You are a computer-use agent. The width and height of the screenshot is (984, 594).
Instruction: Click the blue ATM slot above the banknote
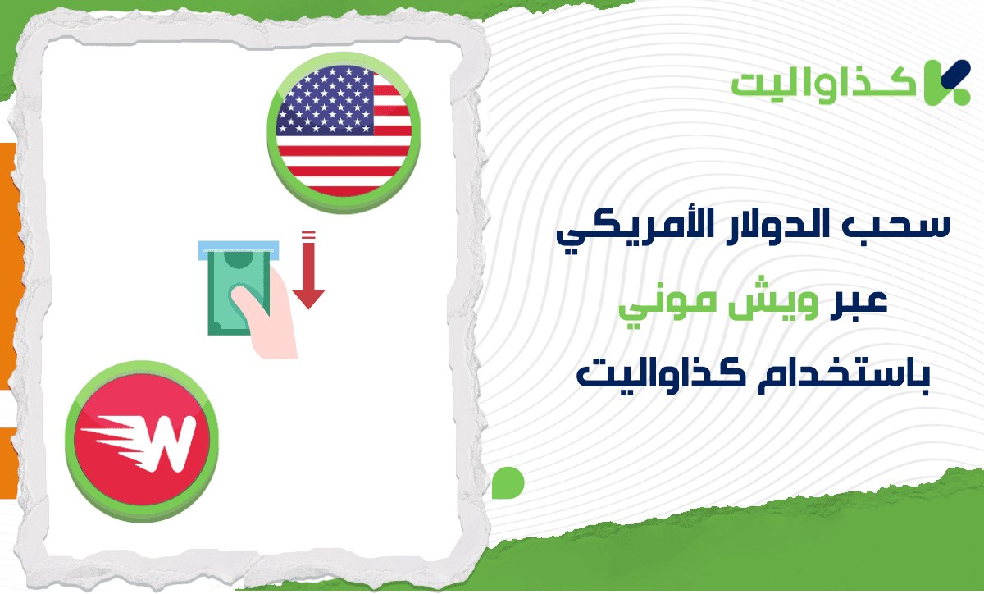point(235,246)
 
